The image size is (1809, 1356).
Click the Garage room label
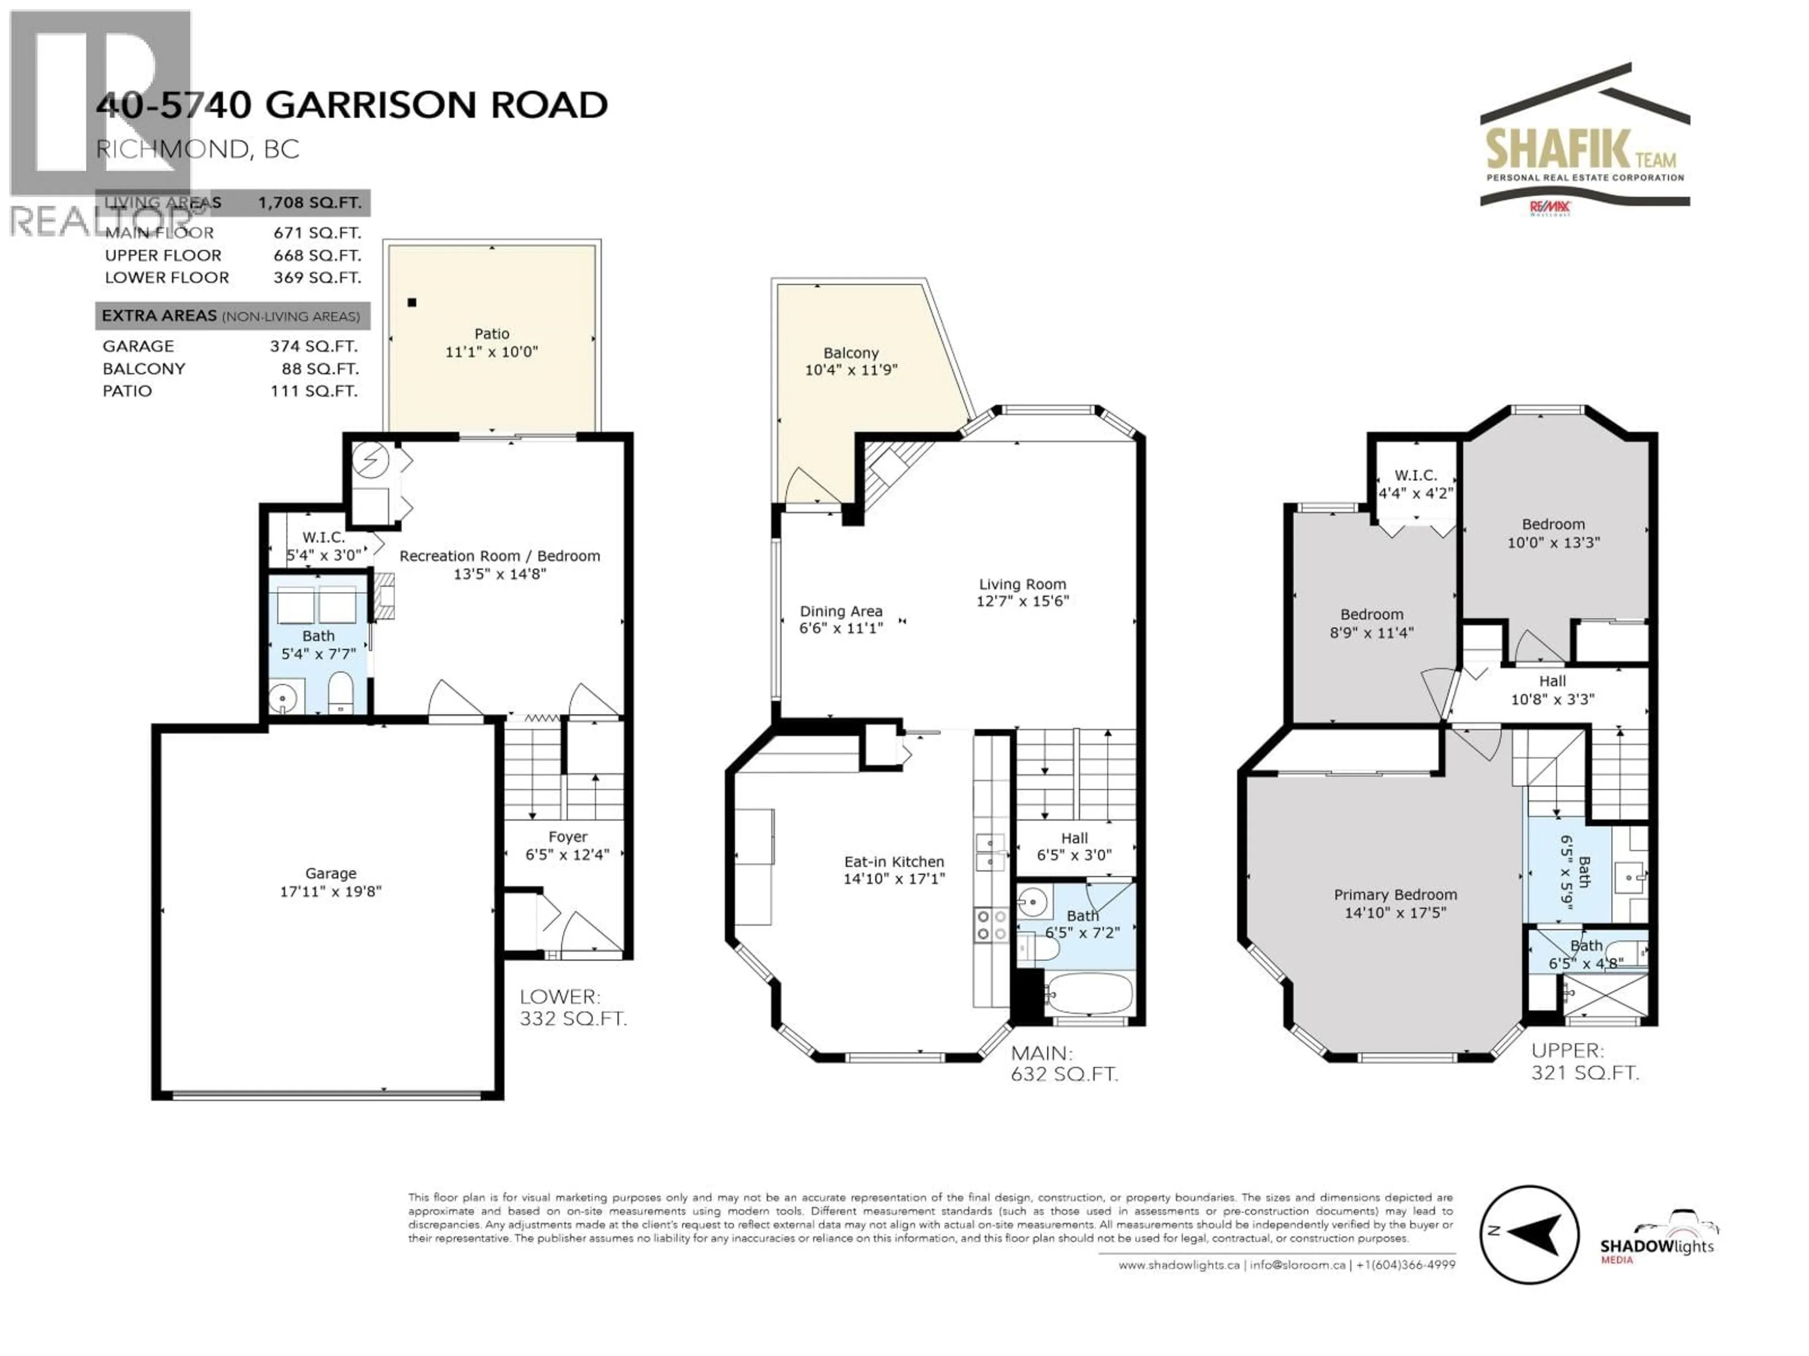pos(330,873)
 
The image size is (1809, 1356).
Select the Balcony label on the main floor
pos(850,353)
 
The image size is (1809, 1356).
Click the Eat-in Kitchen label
pos(894,862)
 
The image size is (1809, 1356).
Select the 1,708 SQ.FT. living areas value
pos(309,203)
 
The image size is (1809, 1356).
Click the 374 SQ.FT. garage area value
pos(314,346)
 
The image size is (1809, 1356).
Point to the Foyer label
pos(568,837)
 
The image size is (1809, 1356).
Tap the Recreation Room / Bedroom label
pos(499,556)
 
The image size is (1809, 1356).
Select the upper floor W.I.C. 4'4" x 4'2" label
pos(1416,484)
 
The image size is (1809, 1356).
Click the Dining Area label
pos(841,612)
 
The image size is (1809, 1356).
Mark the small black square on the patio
pos(412,302)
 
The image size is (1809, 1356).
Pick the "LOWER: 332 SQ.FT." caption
pos(572,1008)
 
